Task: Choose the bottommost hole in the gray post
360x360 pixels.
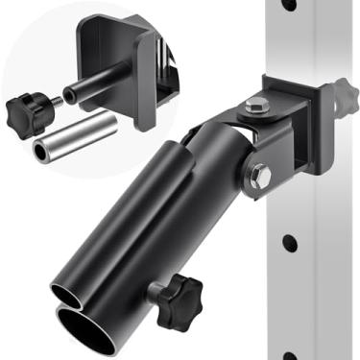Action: click(291, 357)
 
